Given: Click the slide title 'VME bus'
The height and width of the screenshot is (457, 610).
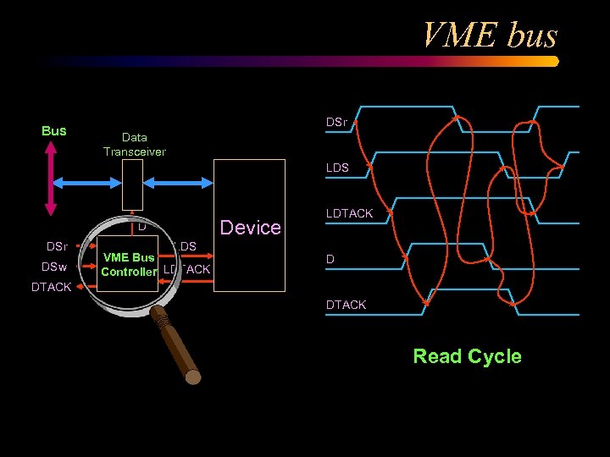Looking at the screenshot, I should tap(489, 36).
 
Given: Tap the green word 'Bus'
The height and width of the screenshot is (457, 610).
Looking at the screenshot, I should tap(53, 130).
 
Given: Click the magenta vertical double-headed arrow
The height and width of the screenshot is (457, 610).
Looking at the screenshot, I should tap(51, 179).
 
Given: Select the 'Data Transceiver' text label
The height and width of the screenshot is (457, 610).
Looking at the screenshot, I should tap(134, 144).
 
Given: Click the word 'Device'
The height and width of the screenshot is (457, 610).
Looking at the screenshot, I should tap(250, 227).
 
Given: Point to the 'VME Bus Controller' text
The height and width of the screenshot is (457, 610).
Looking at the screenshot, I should tap(129, 264).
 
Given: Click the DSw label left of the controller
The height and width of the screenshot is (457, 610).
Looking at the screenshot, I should tap(55, 267).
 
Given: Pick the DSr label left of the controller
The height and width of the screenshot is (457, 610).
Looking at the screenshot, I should tap(56, 246).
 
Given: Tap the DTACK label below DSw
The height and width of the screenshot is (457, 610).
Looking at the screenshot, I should tap(51, 287).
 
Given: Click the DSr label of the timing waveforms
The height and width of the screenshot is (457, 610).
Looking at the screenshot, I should tap(336, 123).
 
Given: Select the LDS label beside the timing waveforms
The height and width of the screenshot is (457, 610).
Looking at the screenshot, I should tap(337, 168).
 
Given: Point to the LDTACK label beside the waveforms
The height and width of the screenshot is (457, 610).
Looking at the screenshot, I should tap(349, 213).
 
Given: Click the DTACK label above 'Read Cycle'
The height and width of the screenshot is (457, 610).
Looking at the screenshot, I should tap(347, 305).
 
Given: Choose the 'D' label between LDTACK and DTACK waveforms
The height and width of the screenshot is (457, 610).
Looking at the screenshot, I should tap(330, 259).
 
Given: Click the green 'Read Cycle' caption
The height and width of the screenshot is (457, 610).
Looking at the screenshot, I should tap(467, 356).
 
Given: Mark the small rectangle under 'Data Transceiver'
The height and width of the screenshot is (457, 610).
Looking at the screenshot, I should tap(132, 184).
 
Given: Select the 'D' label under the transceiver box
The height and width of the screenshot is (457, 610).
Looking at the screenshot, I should tap(142, 226).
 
